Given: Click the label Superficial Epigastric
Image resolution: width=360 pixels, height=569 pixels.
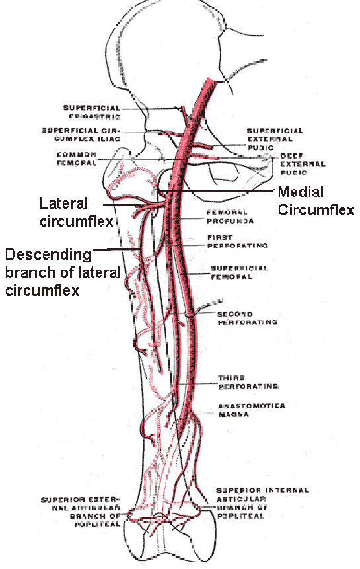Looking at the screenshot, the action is click(92, 112).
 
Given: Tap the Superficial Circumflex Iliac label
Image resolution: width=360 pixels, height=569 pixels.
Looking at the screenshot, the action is click(81, 135).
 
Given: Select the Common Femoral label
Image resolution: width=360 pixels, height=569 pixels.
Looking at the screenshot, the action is click(77, 159).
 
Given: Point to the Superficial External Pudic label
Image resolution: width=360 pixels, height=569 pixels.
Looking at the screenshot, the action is click(275, 139).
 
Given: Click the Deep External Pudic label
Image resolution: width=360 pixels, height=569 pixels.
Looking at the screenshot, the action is click(303, 164).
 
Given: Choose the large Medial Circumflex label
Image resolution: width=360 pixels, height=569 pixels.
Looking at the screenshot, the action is click(316, 201).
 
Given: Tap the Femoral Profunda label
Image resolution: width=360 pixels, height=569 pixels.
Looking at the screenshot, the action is click(231, 217).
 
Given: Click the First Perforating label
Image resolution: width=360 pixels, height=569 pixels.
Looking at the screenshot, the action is click(237, 242).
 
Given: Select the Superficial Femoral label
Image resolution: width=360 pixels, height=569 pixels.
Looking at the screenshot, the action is click(240, 272).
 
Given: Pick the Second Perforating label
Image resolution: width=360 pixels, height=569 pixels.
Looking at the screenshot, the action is click(248, 318).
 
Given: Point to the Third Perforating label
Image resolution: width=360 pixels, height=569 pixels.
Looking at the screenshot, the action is click(248, 382).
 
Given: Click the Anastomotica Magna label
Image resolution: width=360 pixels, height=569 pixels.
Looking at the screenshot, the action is click(252, 410).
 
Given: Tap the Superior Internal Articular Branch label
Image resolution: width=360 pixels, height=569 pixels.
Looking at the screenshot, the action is click(262, 503).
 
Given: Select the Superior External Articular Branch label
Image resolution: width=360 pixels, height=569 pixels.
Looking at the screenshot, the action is click(81, 512).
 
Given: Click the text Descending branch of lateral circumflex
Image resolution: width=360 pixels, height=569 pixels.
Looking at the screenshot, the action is click(63, 272).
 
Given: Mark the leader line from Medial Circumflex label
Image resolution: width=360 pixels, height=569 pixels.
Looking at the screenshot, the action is click(215, 190).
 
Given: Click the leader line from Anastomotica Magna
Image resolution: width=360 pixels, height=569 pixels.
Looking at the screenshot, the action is click(205, 414).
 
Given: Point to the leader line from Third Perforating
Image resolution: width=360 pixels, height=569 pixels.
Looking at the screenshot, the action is click(198, 384).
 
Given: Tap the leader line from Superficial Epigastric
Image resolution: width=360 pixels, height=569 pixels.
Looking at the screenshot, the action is click(151, 108).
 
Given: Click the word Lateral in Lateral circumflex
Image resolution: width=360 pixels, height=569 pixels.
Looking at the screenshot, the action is click(63, 204).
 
